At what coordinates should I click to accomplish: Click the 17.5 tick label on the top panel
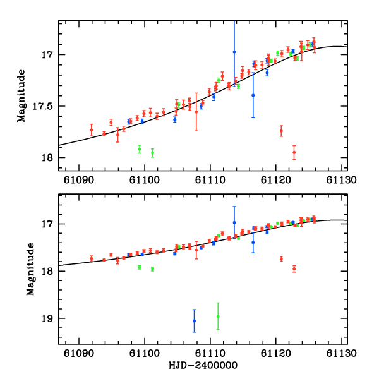coord(46,106)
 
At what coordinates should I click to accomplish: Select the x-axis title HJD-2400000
coord(202,366)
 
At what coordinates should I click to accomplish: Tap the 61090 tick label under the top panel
coord(79,180)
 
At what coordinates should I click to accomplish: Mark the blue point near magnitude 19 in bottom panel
coord(194,321)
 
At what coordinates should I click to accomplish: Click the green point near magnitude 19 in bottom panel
coord(218,316)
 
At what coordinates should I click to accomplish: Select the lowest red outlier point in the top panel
coord(294,152)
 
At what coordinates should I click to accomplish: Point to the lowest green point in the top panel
coord(152,152)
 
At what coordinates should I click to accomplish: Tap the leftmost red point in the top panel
coord(92,130)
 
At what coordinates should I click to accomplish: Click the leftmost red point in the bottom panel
coord(92,258)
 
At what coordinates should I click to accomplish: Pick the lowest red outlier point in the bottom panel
coord(294,268)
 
